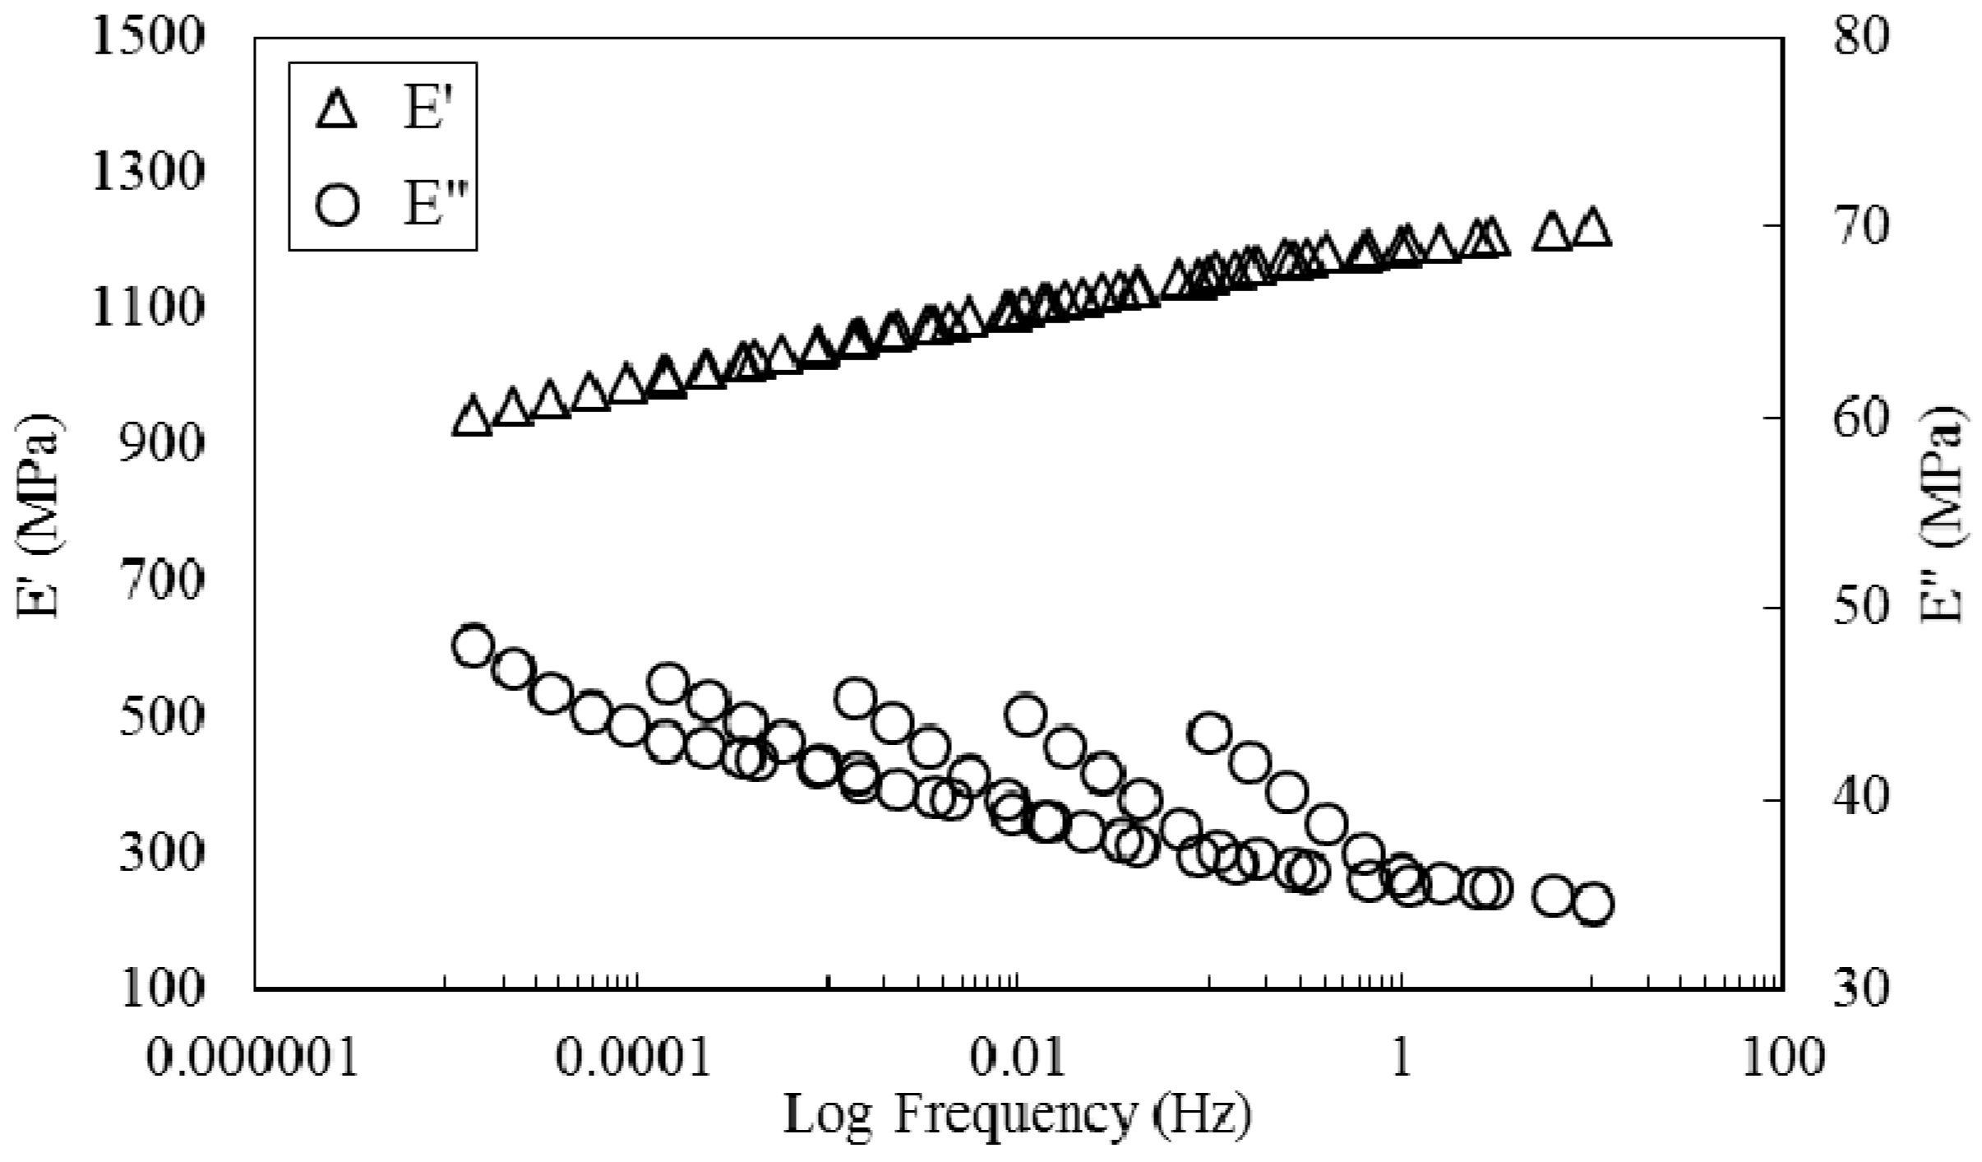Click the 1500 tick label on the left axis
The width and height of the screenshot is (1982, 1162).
pos(146,38)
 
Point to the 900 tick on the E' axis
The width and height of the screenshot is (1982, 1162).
pos(161,445)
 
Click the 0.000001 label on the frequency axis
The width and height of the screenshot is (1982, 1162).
pos(253,1057)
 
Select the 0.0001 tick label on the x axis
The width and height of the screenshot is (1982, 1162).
pos(633,1057)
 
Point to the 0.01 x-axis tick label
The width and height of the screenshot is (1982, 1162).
pos(1018,1057)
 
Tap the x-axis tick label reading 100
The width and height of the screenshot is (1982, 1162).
pos(1782,1057)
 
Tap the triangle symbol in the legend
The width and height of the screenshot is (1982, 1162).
pos(337,110)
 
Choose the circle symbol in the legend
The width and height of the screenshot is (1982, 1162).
pos(338,203)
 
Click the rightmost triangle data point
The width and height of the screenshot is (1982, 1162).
pos(1592,227)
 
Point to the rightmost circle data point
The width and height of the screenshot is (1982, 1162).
pos(1593,905)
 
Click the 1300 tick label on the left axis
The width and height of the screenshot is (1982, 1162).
pos(146,174)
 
